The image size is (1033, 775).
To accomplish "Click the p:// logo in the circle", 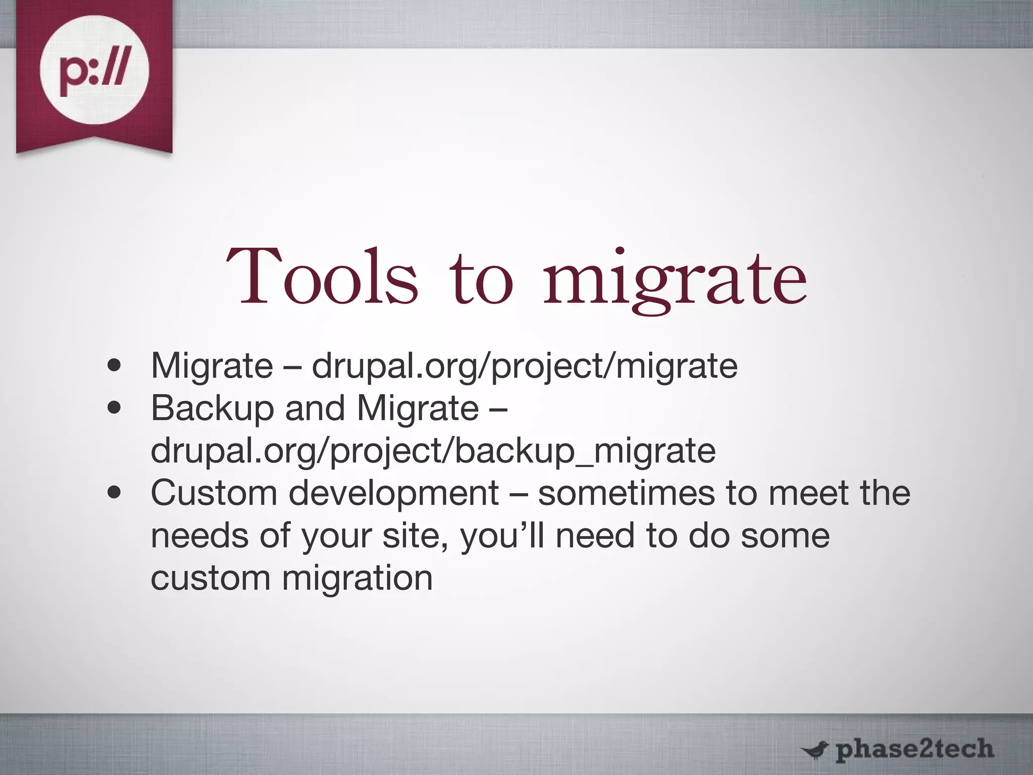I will coord(94,70).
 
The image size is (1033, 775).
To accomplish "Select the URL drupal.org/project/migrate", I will coord(525,366).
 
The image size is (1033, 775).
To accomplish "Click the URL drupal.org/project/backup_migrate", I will coord(433,451).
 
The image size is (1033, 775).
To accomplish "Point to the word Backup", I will coord(212,408).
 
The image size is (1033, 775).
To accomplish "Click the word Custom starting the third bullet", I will coord(214,493).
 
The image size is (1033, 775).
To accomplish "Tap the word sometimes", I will coord(626,493).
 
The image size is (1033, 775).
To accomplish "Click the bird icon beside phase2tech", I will coord(814,750).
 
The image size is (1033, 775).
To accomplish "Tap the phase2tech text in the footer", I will coord(914,749).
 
